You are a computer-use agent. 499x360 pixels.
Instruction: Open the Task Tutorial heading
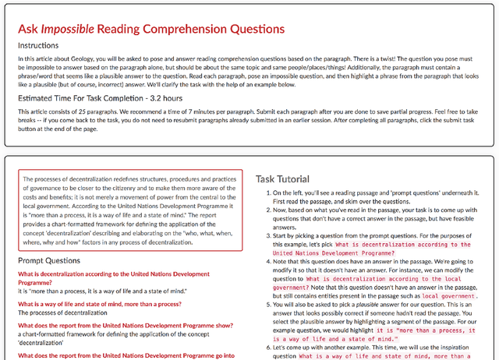pos(282,179)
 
